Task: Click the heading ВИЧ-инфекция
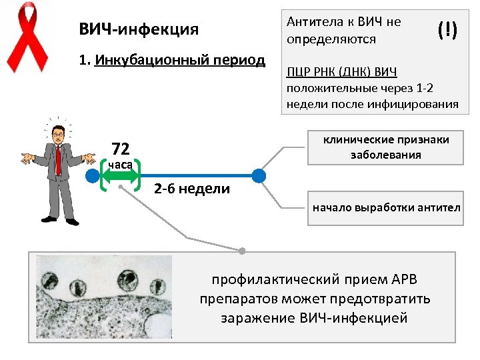point(139,30)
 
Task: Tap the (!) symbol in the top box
point(447,29)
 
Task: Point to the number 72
point(121,148)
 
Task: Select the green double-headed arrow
point(120,176)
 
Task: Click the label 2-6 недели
point(192,189)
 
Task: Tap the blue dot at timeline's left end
point(92,176)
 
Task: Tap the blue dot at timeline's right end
point(259,176)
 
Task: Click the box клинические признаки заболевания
point(386,147)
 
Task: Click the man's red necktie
point(59,159)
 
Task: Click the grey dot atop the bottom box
point(243,251)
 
